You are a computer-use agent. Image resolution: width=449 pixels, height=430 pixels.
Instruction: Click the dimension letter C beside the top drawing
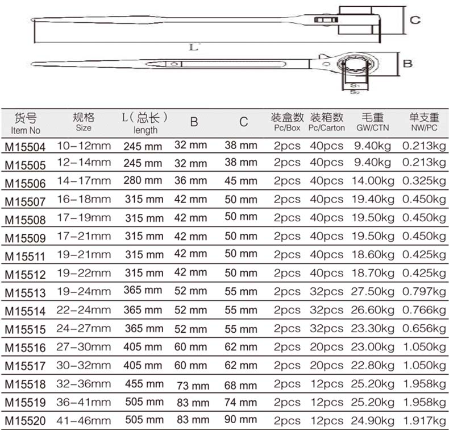tap(415, 20)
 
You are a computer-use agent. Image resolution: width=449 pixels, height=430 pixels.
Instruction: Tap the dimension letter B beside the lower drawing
tap(408, 64)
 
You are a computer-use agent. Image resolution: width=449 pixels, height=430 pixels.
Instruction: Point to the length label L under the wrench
tap(194, 47)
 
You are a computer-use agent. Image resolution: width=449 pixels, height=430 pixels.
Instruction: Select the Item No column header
tap(26, 124)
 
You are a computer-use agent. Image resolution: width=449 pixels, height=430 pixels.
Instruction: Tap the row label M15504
tap(25, 147)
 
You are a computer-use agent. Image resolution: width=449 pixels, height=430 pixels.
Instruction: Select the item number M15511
tap(25, 257)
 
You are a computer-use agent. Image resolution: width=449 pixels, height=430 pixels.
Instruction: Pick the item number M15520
tap(25, 420)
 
